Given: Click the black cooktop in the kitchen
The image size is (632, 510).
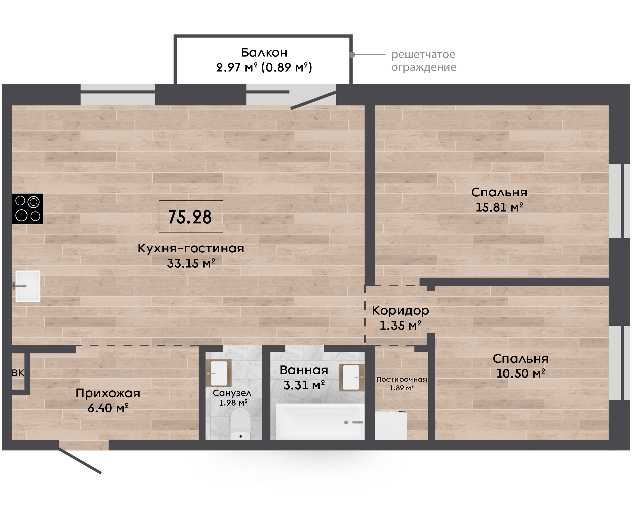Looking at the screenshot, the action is tap(27, 209).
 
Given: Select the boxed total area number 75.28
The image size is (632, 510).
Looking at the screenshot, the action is tap(190, 217).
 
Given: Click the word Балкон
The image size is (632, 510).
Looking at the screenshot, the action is tap(264, 52).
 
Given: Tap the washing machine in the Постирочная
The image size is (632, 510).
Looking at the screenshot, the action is tap(391, 425).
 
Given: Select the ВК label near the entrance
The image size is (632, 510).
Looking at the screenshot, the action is tap(18, 373).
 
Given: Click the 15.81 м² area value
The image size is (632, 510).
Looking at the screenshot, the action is tap(499, 207).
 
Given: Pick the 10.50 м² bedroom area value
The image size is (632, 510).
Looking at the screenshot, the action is tap(521, 374).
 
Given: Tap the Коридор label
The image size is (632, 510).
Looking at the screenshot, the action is tap(400, 310).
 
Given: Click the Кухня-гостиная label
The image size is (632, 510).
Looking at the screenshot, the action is tap(191, 248).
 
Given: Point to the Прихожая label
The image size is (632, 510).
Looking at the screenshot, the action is tap(108, 393).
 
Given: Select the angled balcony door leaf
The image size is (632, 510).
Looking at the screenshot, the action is tap(313, 100).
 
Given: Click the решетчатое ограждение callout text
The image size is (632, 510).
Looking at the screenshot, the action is tap(424, 61).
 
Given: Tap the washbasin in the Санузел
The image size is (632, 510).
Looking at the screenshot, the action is tap(218, 373).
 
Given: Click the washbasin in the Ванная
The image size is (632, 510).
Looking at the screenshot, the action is tap(352, 378).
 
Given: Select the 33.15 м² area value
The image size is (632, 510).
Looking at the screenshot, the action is tap(191, 263).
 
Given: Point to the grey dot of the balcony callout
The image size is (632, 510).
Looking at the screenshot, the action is tap(352, 55).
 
